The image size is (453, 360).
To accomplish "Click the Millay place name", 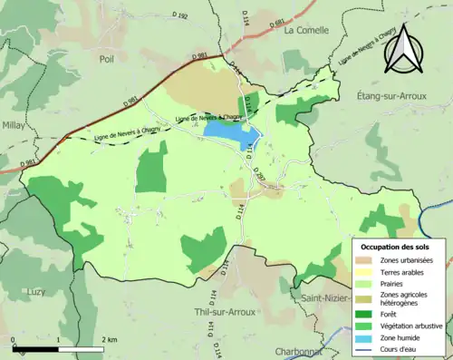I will click(14, 125).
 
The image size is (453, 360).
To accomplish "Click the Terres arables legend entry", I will click(401, 272).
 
